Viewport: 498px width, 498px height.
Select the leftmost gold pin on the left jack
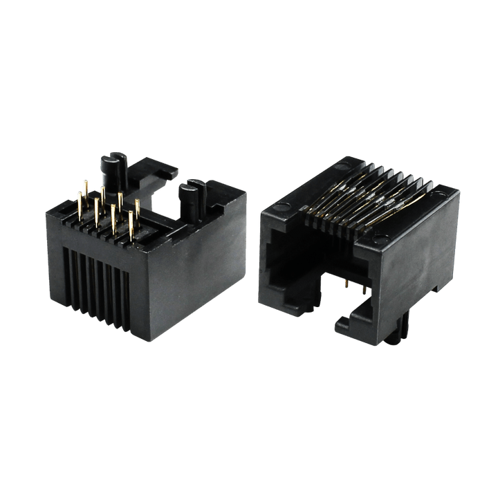coord(80,207)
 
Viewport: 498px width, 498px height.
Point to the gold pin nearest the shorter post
coord(138,211)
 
